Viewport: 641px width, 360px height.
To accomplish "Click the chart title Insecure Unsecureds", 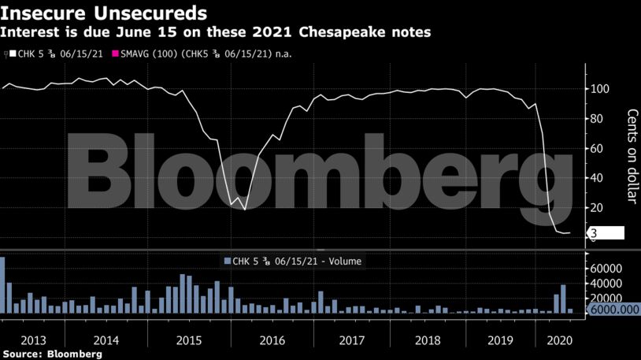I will [104, 13].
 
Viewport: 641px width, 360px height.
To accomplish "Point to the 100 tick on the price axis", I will [601, 88].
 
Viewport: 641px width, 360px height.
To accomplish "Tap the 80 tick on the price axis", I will [598, 118].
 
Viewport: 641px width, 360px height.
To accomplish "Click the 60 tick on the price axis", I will [598, 148].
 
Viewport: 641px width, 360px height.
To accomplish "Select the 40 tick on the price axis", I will [598, 178].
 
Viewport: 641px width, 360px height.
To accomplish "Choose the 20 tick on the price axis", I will [598, 207].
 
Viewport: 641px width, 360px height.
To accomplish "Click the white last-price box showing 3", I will [606, 233].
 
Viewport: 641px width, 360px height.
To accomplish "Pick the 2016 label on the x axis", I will [271, 340].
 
